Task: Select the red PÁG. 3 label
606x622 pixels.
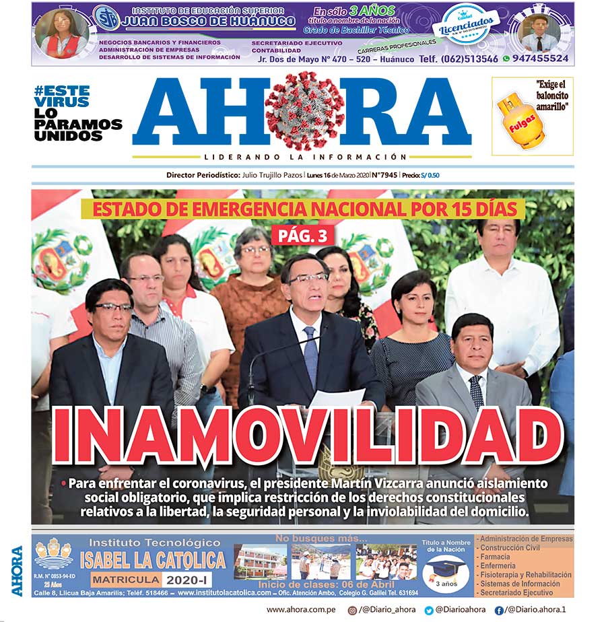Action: coord(302,236)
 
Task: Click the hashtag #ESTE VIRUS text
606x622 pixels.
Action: coord(62,96)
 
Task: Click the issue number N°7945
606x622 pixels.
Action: coord(383,175)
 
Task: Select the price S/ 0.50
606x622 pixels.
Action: coord(432,175)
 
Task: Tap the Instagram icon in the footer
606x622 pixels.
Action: coord(352,610)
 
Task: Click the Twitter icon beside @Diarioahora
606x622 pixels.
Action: coord(429,610)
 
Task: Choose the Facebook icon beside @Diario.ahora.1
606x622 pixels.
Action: coord(499,610)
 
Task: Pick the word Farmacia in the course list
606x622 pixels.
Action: coord(496,557)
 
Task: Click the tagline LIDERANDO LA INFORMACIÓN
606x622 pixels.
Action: coord(301,156)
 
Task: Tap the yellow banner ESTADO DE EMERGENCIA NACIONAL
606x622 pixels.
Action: coord(303,208)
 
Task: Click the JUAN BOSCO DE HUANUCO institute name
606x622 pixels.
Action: coord(208,22)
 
